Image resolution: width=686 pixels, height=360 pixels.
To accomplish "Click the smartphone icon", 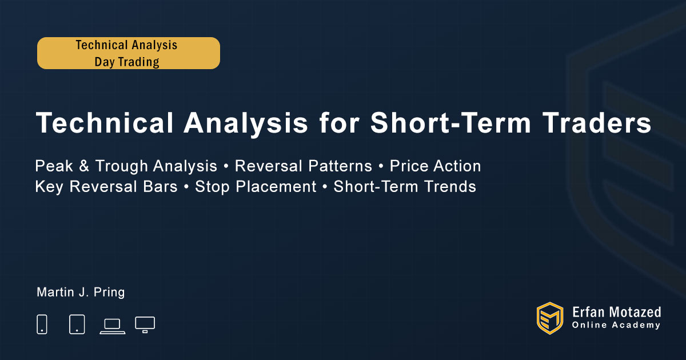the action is point(42,324).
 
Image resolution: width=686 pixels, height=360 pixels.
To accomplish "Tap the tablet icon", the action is point(77,324).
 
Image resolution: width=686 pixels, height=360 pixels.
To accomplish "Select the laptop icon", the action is point(113,327).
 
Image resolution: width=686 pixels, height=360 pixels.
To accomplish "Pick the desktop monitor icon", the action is point(145,325).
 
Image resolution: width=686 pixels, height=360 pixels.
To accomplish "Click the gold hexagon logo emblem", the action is point(550,318).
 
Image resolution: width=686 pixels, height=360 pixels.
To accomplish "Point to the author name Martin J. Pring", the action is point(81,293).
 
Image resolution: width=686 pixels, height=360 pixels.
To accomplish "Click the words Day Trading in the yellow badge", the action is point(127,62).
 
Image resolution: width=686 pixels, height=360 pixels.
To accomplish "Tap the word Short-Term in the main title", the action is point(451,123).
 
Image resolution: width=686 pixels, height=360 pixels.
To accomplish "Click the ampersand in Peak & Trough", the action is point(84,166).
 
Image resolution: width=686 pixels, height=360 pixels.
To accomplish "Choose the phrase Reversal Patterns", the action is point(303,166).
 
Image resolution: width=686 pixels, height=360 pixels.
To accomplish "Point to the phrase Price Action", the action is point(435,166).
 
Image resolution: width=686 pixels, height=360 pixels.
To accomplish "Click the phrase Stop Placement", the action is point(256,187).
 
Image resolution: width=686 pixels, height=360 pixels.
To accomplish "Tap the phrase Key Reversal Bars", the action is point(106,187).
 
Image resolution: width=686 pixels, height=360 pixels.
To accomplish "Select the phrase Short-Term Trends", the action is point(405,187).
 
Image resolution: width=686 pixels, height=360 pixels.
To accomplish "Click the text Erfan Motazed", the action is point(616,313).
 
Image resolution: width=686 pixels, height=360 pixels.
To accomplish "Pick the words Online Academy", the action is point(616,325).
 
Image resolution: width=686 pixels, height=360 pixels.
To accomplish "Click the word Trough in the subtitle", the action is point(122,166).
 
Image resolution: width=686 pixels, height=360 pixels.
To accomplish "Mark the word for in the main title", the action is point(340,123).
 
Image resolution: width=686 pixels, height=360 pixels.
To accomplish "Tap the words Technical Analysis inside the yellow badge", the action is point(126,45).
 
